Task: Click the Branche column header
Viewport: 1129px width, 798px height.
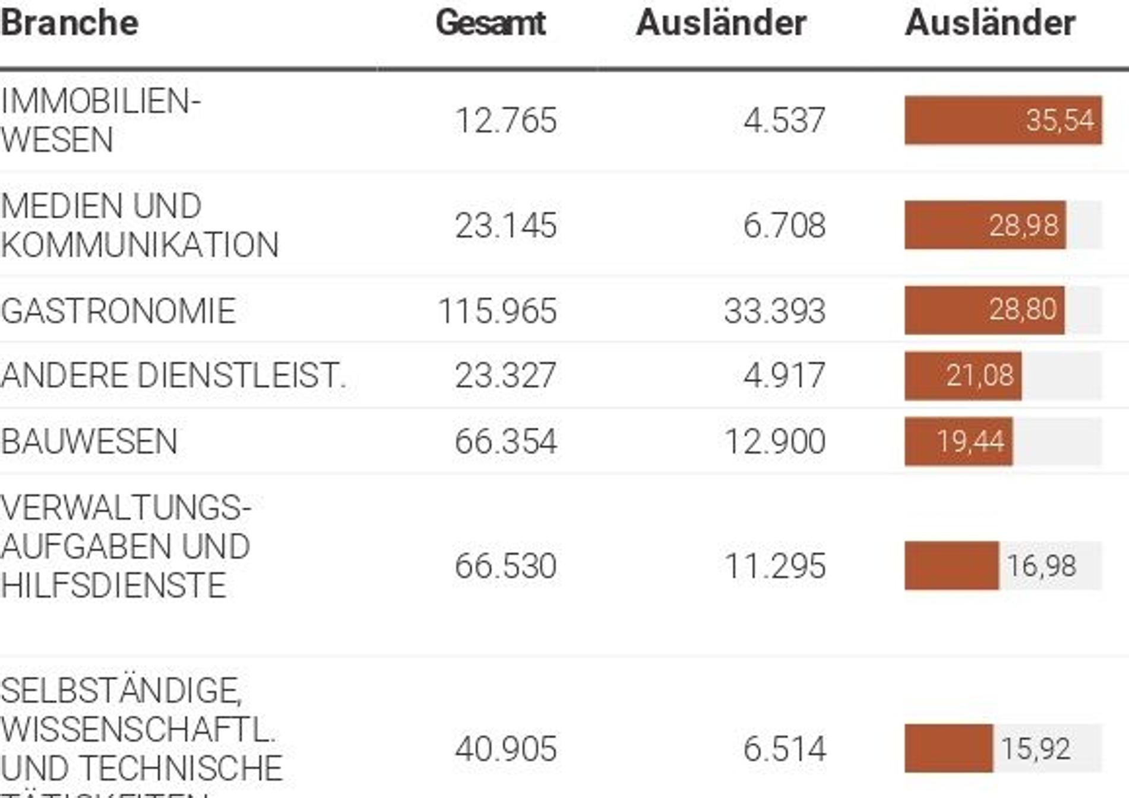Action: pyautogui.click(x=69, y=23)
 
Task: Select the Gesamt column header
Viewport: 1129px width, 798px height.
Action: pyautogui.click(x=490, y=23)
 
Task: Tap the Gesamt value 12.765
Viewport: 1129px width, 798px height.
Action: pyautogui.click(x=506, y=121)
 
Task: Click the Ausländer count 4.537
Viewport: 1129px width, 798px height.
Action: pyautogui.click(x=784, y=121)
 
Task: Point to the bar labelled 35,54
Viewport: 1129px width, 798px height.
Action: pyautogui.click(x=1002, y=121)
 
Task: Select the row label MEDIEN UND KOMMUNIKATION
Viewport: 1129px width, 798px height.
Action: pyautogui.click(x=140, y=226)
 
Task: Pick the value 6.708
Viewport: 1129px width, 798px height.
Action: pyautogui.click(x=784, y=226)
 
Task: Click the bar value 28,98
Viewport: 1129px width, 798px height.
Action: pyautogui.click(x=1023, y=226)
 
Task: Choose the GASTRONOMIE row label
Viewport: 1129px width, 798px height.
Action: pyautogui.click(x=118, y=311)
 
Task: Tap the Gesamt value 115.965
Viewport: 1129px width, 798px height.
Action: pyautogui.click(x=497, y=311)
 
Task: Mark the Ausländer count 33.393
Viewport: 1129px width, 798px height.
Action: pyautogui.click(x=774, y=311)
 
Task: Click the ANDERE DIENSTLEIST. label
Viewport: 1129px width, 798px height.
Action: pyautogui.click(x=173, y=376)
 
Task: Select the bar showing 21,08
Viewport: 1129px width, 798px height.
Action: pyautogui.click(x=963, y=376)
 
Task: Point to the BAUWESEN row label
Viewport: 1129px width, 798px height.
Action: pyautogui.click(x=89, y=442)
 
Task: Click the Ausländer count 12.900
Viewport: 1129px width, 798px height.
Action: pyautogui.click(x=774, y=442)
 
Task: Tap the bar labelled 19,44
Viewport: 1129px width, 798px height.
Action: pyautogui.click(x=959, y=442)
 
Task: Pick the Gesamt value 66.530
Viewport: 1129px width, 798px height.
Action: pyautogui.click(x=505, y=566)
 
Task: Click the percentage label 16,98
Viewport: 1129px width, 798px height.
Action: pyautogui.click(x=1041, y=566)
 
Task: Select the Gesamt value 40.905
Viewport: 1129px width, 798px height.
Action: pyautogui.click(x=506, y=749)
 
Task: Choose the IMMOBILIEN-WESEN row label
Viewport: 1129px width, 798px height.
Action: pyautogui.click(x=101, y=121)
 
